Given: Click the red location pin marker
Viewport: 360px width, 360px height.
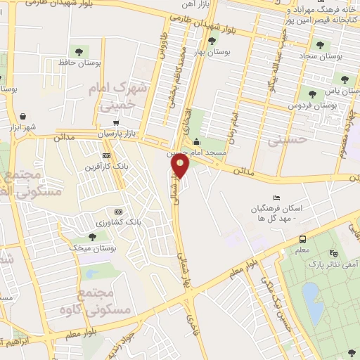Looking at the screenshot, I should click(181, 166).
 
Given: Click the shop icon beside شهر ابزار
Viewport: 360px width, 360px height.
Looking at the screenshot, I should click(24, 115).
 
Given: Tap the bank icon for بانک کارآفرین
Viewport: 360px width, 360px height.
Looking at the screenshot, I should click(106, 155).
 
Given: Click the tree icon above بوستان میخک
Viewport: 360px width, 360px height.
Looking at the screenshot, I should click(93, 237).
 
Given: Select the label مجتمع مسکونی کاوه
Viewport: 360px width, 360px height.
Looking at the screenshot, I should click(103, 300).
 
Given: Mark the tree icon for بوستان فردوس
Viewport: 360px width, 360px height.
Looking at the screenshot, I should click(311, 93).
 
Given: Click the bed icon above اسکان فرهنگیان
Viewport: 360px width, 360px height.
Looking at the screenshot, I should click(276, 198).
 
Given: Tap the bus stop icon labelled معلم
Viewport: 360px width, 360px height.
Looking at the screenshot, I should click(303, 238).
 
